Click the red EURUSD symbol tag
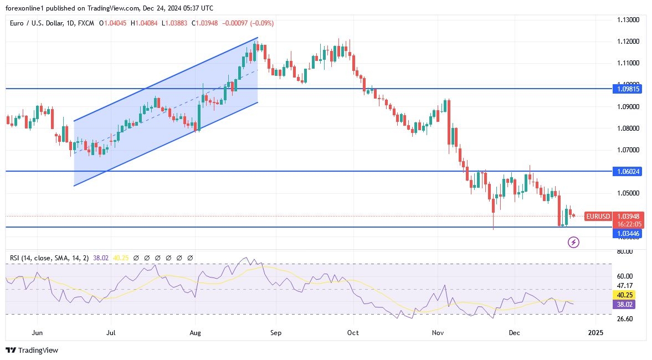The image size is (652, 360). coord(598,217)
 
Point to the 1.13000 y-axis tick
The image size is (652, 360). coord(629,20)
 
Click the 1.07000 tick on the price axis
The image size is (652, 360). coord(629,150)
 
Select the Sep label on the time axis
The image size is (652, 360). coord(276,333)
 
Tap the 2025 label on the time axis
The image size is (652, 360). coord(596,333)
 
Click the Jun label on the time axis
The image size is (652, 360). coord(38,333)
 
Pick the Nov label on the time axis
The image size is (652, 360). coord(438,333)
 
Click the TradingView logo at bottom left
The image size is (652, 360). coord(32,350)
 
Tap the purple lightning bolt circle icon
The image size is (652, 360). coord(574,242)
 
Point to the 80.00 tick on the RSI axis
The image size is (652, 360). coord(625,251)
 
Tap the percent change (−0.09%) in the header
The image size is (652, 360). coord(261,23)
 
